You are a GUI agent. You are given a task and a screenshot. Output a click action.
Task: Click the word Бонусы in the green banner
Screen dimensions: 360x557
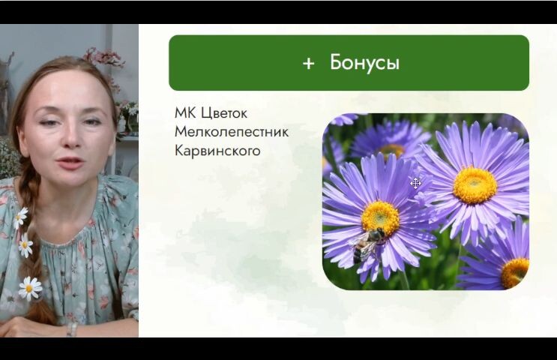364,63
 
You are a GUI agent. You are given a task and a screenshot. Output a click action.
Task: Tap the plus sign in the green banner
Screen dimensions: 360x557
308,64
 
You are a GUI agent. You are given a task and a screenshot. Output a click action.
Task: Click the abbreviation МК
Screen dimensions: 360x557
184,113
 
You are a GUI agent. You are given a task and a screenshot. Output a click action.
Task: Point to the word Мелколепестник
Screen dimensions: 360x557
231,132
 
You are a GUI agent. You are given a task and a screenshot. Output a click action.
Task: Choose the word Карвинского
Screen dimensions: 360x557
217,151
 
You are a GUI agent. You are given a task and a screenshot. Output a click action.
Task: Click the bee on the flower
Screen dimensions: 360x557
368,242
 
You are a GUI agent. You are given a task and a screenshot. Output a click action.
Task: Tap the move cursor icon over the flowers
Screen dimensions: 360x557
415,183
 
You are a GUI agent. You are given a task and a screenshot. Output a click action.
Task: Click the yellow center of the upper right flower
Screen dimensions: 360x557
475,184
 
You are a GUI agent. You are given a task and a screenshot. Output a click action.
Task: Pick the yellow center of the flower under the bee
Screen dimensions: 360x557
381,217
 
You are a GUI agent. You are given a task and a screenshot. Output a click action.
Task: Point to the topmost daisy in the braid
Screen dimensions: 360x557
20,217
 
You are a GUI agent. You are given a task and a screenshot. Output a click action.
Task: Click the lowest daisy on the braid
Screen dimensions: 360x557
29,287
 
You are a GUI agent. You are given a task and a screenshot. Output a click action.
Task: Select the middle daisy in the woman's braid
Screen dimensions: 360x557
25,244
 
